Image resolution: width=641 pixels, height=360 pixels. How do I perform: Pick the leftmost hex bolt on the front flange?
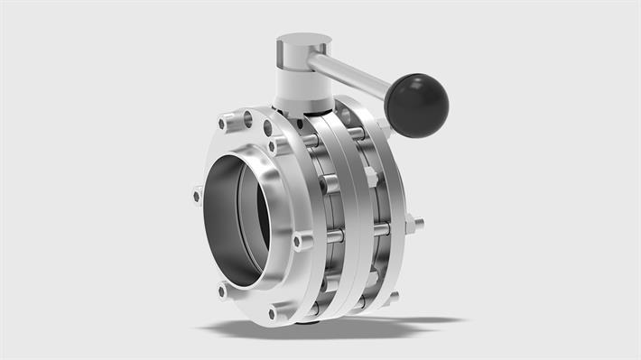click(197, 194)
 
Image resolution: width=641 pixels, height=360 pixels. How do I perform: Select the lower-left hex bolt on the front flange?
click(222, 291)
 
